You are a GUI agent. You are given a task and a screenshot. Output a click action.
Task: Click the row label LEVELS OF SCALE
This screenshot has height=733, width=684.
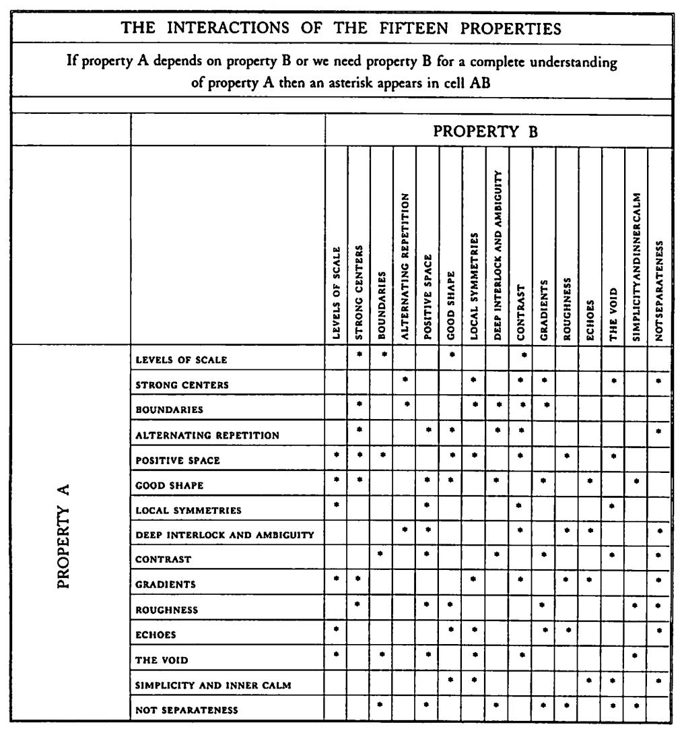click(x=181, y=360)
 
